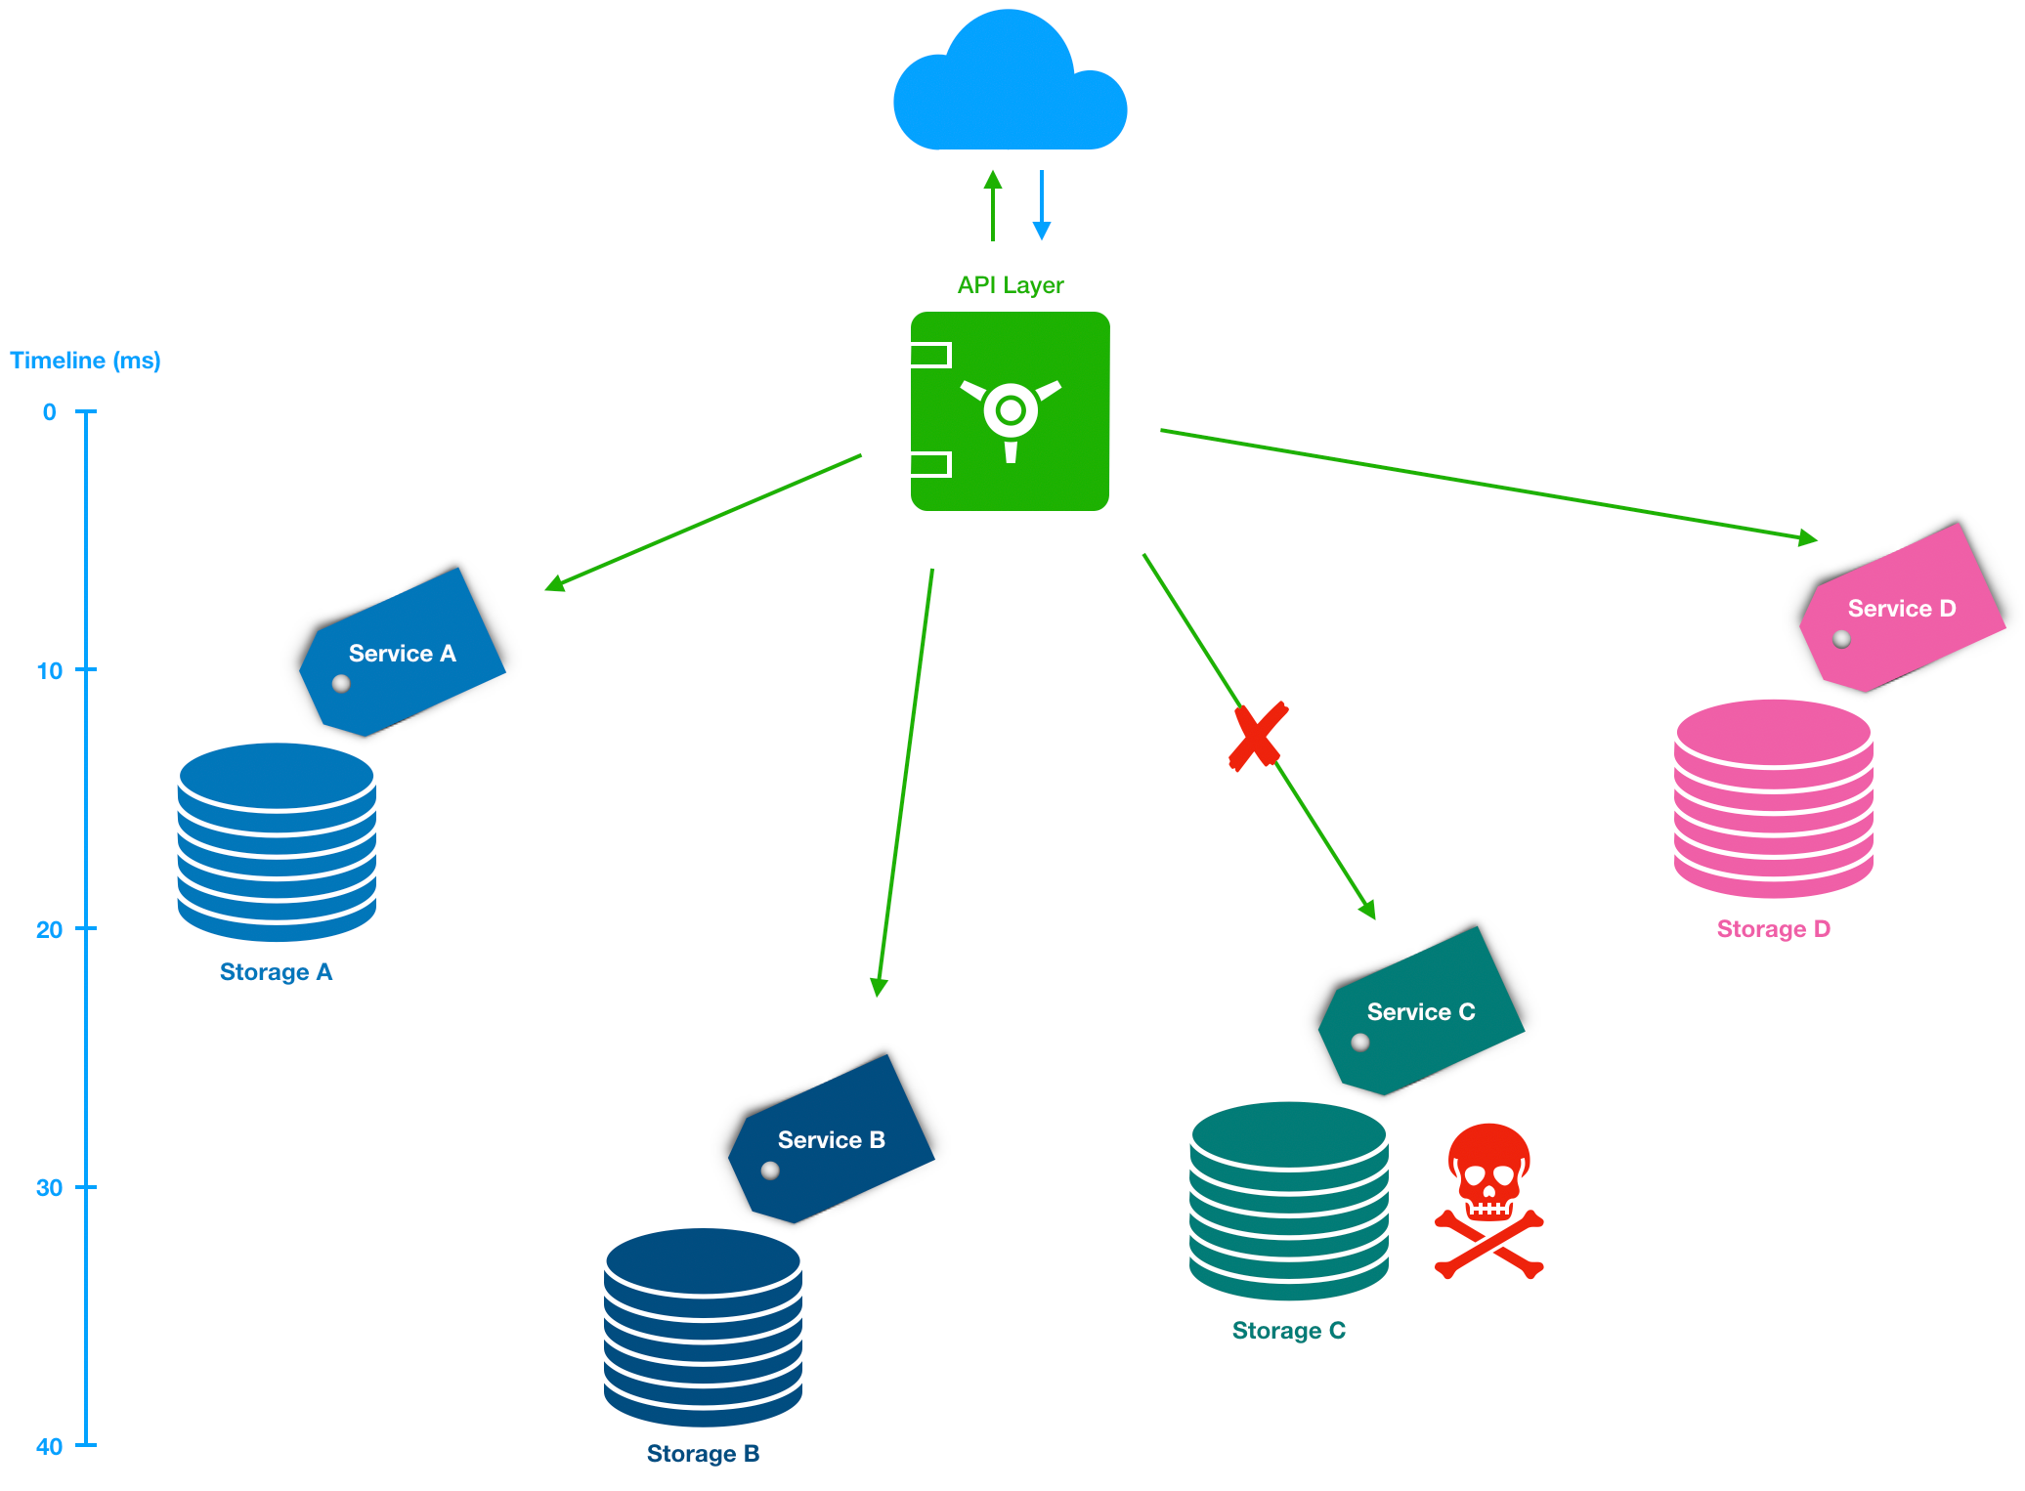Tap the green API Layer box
point(1010,411)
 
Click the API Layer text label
point(1010,285)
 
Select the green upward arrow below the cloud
point(993,205)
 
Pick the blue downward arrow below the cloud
point(1042,205)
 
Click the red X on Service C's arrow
point(1258,736)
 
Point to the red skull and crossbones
point(1488,1201)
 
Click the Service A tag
point(403,653)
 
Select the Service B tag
point(832,1139)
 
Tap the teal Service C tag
point(1421,1011)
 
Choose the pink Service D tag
point(1902,608)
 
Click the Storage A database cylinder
point(277,841)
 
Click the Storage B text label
point(703,1454)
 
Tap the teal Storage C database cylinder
point(1289,1201)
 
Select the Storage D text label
point(1773,929)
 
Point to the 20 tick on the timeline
point(86,928)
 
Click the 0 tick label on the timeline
point(49,412)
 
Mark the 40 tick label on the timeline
point(49,1446)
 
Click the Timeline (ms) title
point(85,361)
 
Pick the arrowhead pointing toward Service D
point(1808,537)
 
